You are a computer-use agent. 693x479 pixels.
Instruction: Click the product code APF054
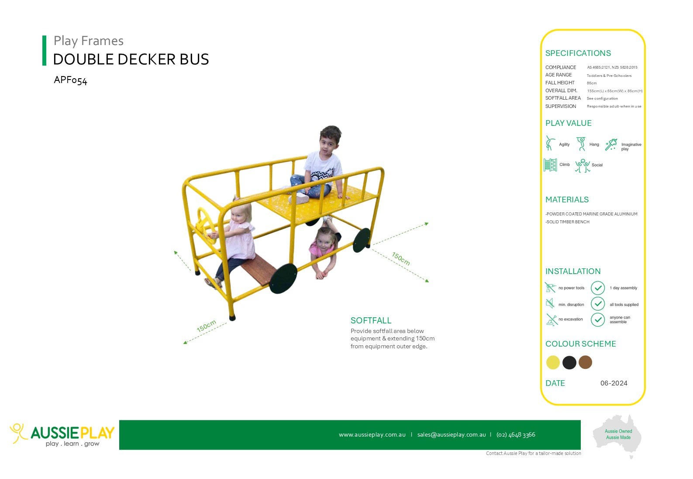[x=71, y=80]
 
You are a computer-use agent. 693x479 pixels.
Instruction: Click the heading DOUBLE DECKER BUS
[x=131, y=59]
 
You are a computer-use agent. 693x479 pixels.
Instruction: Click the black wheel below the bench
[x=283, y=278]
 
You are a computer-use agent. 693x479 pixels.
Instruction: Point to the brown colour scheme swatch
[x=585, y=362]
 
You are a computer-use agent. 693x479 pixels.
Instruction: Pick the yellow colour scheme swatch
[x=553, y=362]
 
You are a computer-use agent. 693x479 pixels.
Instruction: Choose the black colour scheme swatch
[x=569, y=362]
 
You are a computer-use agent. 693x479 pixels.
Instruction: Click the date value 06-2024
[x=614, y=383]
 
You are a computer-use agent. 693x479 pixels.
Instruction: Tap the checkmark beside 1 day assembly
[x=598, y=288]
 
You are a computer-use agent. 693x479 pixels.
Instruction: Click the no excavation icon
[x=551, y=319]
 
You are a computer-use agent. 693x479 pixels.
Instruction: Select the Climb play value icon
[x=550, y=165]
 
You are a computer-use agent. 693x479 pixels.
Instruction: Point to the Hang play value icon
[x=581, y=144]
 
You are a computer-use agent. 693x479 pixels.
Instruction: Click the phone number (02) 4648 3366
[x=516, y=435]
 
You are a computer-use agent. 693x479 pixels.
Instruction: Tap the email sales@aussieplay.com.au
[x=452, y=435]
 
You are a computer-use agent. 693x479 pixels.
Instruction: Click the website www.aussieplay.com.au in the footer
[x=372, y=435]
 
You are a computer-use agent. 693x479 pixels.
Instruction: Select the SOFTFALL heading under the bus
[x=371, y=320]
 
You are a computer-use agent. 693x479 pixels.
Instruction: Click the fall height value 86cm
[x=592, y=83]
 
